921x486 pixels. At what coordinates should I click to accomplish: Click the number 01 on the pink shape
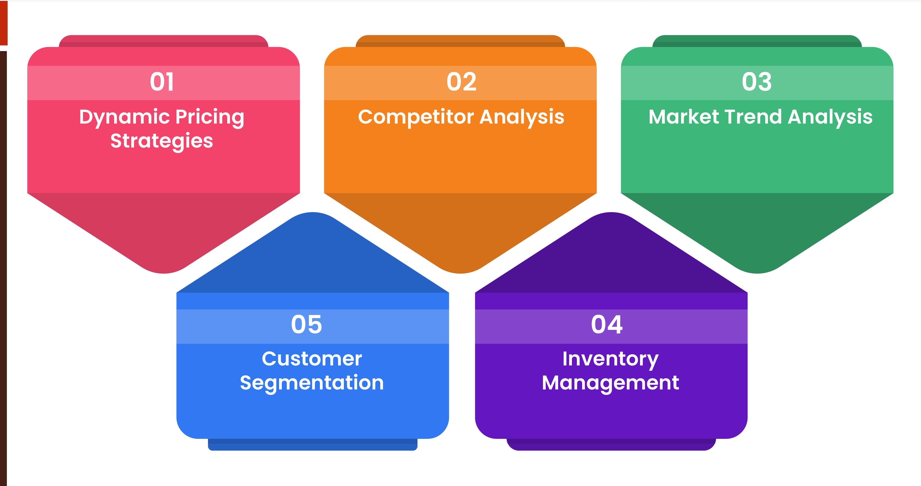point(162,82)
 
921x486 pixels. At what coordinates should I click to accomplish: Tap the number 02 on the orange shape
point(461,82)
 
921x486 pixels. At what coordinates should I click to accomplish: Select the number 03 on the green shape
point(757,82)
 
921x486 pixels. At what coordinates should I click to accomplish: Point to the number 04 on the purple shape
point(607,325)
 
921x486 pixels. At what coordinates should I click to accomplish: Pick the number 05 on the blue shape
point(306,325)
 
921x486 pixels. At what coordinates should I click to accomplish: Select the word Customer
point(312,359)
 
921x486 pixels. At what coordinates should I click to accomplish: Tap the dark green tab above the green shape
point(757,41)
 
